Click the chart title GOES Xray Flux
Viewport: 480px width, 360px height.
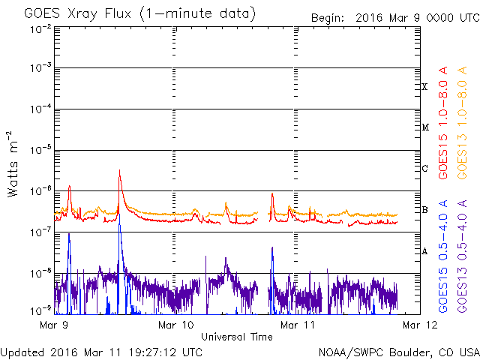77,13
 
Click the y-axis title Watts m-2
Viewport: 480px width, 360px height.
13,164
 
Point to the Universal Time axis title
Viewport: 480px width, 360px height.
237,337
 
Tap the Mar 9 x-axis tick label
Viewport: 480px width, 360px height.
54,325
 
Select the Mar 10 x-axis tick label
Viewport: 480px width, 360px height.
176,325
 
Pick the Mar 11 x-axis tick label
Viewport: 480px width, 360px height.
298,325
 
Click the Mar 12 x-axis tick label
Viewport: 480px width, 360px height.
420,325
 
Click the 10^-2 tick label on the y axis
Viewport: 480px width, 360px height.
40,29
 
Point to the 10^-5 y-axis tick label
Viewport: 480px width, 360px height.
40,150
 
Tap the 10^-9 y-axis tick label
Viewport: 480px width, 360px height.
40,311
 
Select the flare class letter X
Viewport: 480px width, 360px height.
424,87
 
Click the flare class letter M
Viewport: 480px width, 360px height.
425,127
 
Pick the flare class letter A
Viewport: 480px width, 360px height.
424,251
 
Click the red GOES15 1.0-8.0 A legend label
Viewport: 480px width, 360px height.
443,122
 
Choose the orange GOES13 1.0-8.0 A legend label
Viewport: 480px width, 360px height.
462,122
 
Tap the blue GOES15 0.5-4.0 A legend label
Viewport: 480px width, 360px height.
443,256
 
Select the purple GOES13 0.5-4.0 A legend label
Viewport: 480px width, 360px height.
462,256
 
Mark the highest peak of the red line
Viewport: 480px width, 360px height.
119,170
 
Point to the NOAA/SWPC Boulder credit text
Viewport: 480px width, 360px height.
399,352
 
